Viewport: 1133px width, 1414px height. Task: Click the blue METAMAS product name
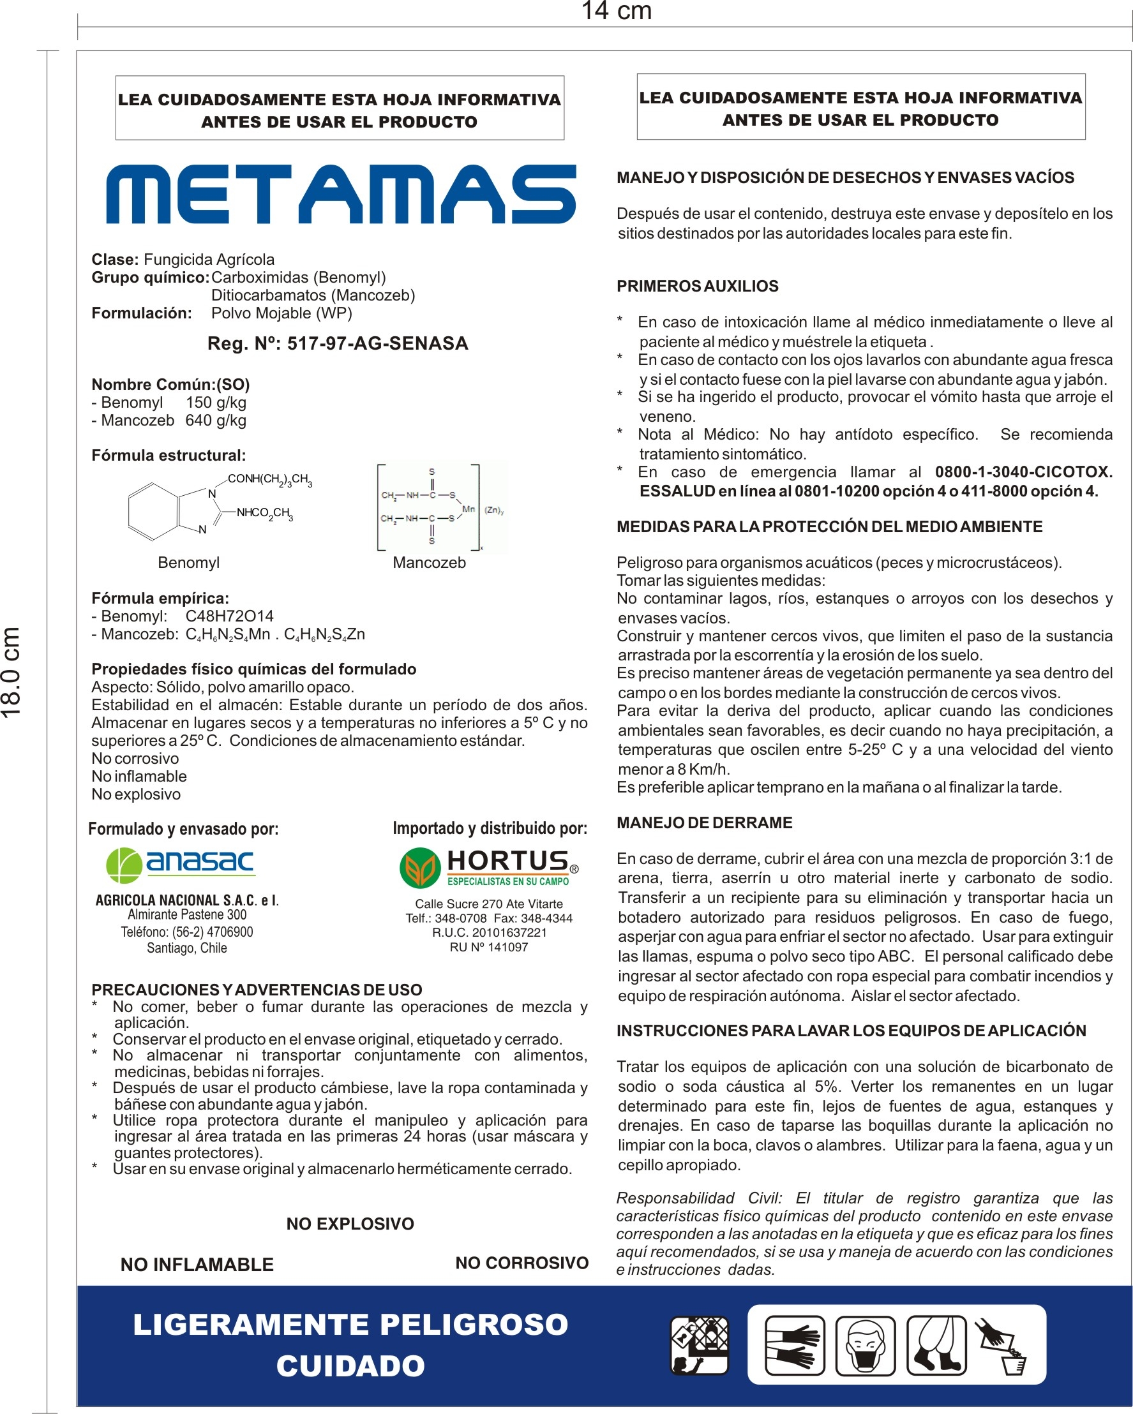[x=341, y=195]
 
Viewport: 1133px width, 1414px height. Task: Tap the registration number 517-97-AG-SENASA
[x=377, y=344]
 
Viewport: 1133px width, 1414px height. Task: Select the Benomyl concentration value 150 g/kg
[x=216, y=403]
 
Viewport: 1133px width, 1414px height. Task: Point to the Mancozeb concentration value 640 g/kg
[x=216, y=420]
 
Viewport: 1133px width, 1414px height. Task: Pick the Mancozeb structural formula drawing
[x=441, y=508]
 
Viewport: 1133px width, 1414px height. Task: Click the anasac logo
[x=181, y=865]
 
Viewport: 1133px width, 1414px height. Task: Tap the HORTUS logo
[x=489, y=867]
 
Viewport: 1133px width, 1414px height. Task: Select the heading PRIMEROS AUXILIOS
[x=698, y=287]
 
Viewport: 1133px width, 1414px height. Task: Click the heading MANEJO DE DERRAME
[x=705, y=823]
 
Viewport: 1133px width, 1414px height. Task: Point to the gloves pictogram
[x=795, y=1345]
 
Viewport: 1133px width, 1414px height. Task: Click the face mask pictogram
[x=866, y=1345]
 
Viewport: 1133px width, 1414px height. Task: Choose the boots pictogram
[x=936, y=1345]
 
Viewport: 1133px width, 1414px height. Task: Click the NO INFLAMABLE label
[x=197, y=1265]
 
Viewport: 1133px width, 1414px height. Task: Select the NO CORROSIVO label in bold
[x=521, y=1263]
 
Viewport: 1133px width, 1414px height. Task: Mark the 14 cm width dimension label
[x=616, y=11]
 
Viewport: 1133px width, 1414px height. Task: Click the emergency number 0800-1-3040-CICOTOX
[x=1023, y=472]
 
